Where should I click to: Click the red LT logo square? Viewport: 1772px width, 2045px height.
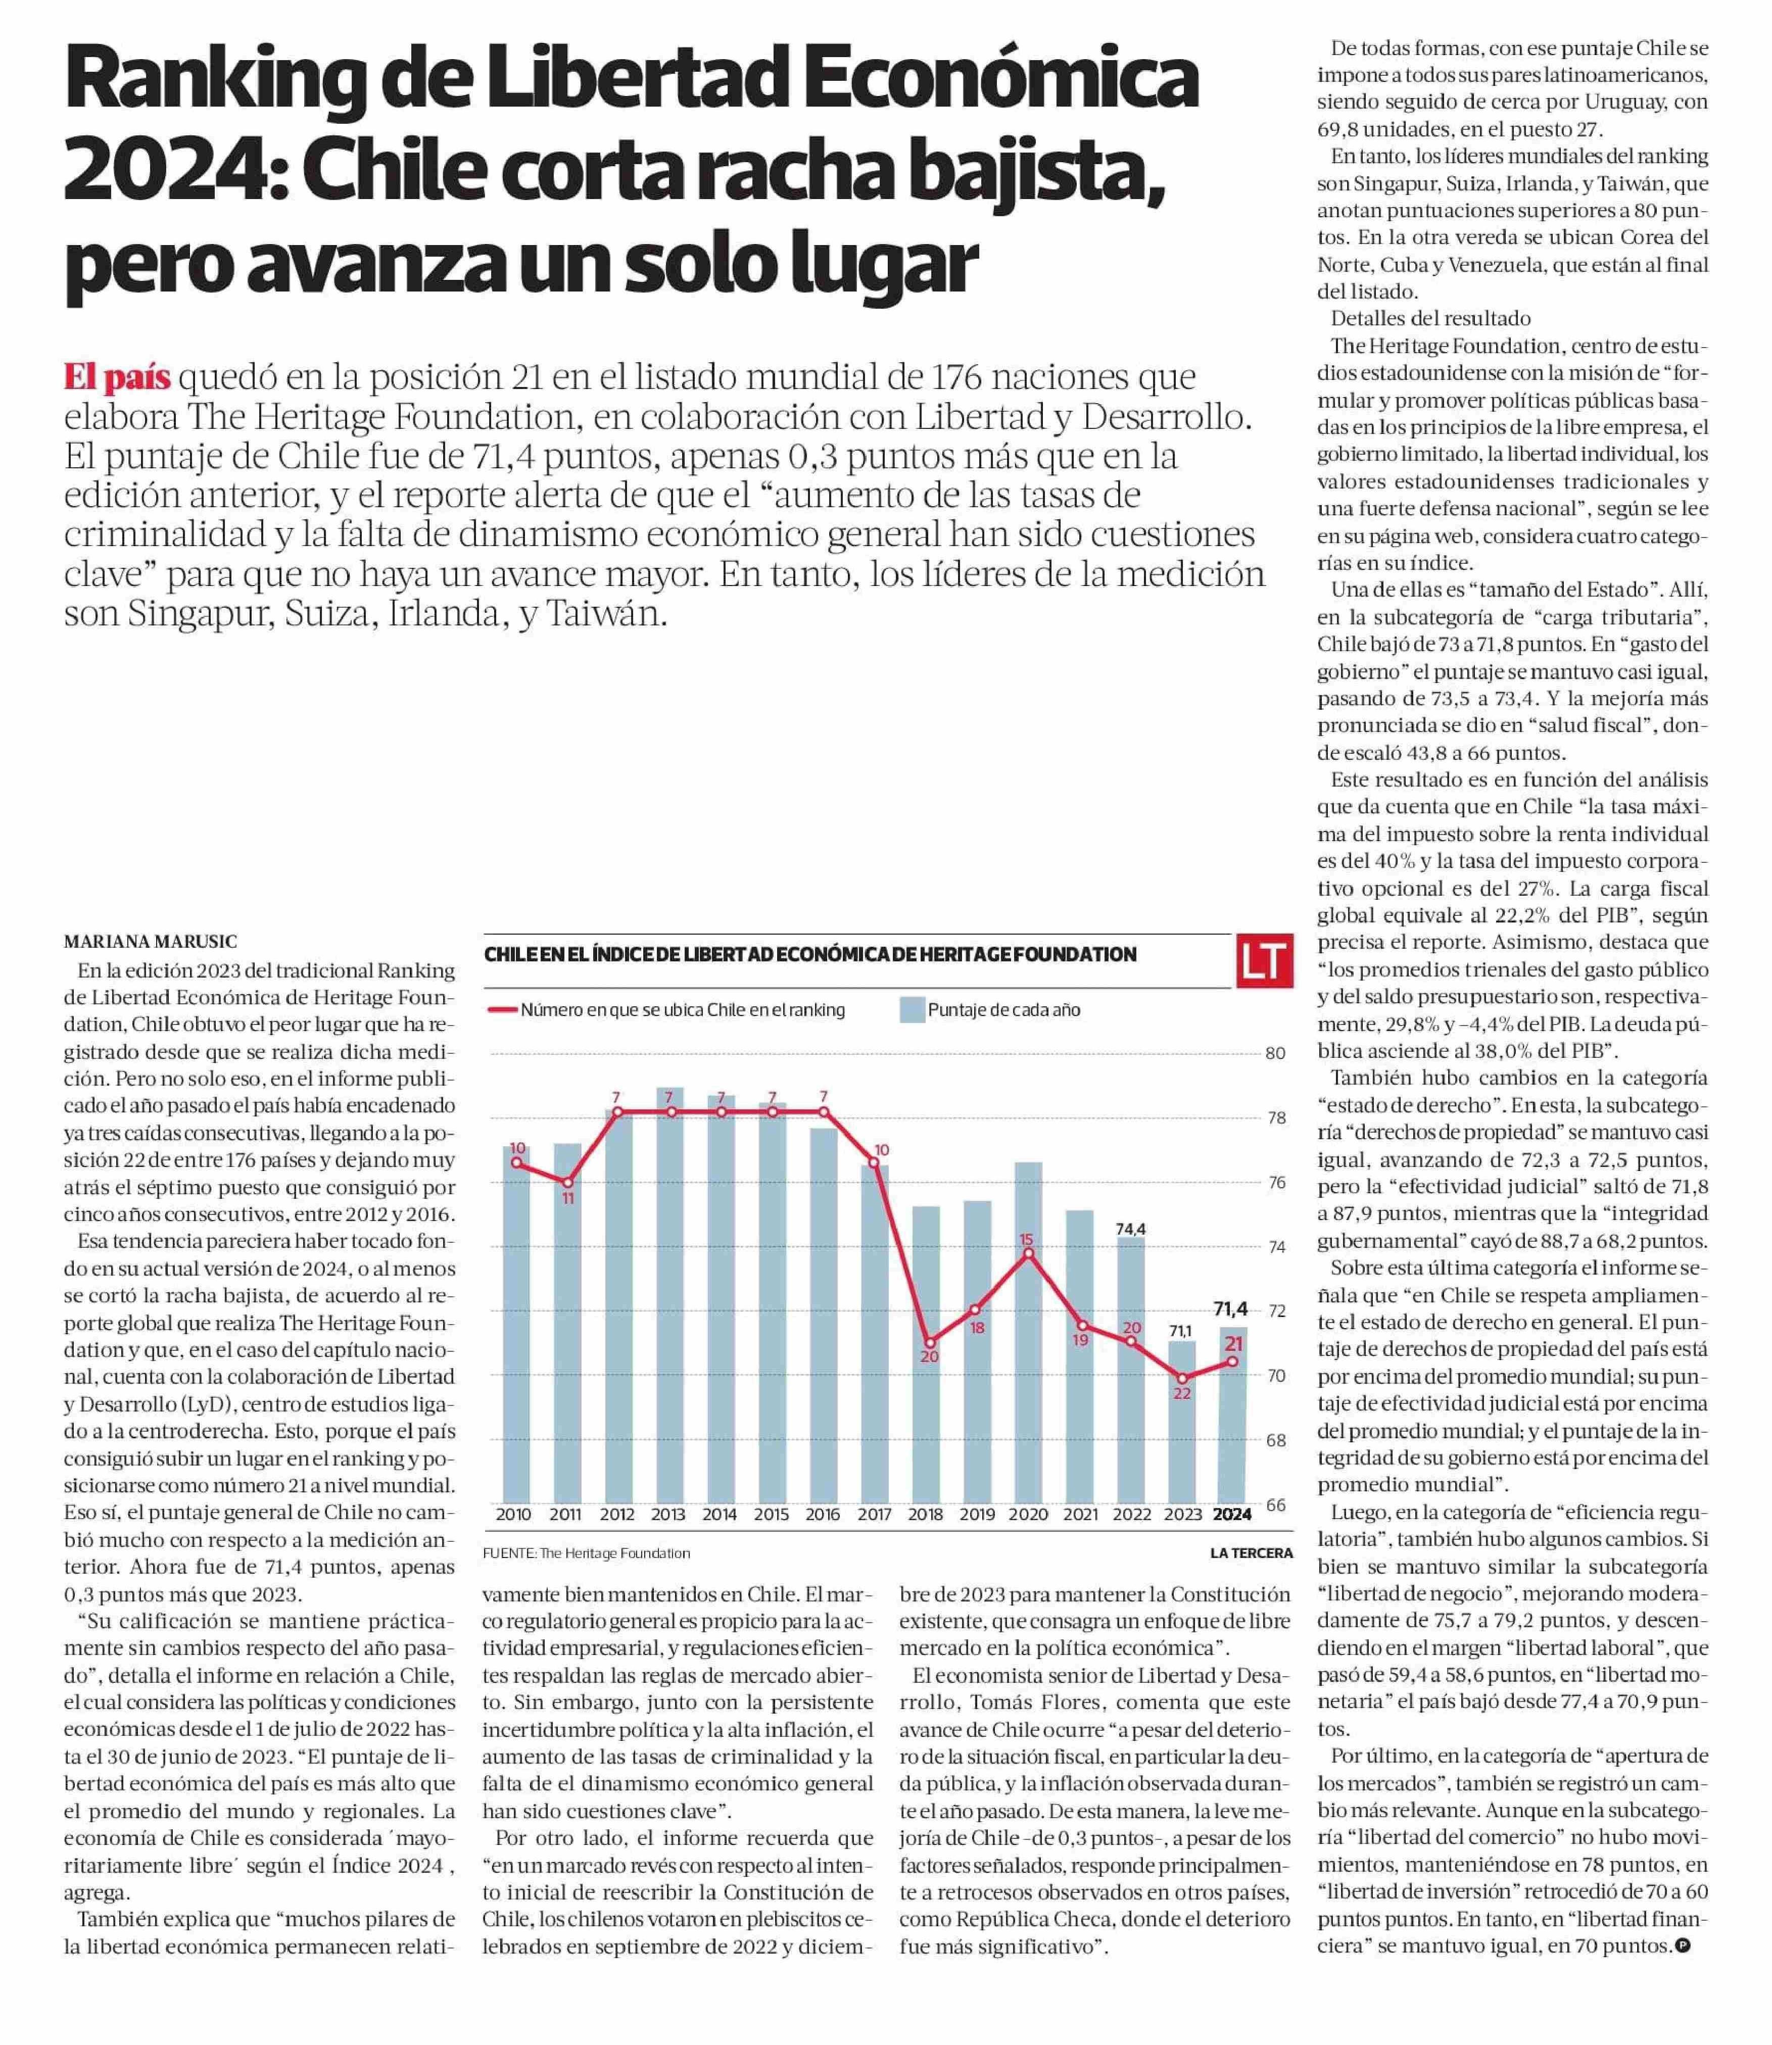(x=1265, y=960)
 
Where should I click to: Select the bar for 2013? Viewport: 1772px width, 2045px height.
(x=669, y=1296)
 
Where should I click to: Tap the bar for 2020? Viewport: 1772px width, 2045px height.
(x=1029, y=1333)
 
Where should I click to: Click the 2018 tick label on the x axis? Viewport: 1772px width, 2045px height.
(x=927, y=1514)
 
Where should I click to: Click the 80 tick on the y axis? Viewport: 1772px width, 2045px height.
(x=1276, y=1054)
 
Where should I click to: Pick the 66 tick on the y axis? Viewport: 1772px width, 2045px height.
(x=1276, y=1504)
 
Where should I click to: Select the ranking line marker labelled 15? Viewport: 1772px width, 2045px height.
(x=1028, y=1253)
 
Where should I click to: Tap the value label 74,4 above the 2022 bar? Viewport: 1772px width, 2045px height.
(x=1131, y=1229)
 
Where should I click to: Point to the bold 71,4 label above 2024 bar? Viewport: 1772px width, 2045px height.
(x=1231, y=1309)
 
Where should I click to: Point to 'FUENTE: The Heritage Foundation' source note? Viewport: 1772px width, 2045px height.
(x=587, y=1553)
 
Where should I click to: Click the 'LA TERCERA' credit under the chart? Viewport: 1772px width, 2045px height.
(x=1252, y=1553)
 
